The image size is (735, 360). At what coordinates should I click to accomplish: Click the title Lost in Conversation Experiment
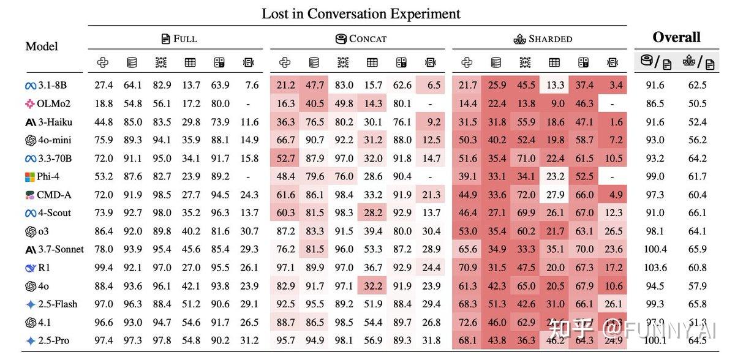click(x=361, y=13)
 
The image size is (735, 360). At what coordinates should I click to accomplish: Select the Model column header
click(x=42, y=47)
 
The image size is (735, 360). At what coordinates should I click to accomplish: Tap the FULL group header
click(x=179, y=39)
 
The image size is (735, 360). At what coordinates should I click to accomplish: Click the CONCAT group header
click(x=361, y=39)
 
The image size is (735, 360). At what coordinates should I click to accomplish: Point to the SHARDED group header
click(x=543, y=39)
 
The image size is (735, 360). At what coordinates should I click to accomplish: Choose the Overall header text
click(x=676, y=37)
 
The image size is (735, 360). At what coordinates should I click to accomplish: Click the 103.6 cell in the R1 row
click(x=655, y=268)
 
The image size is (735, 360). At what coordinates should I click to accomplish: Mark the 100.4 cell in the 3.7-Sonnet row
click(x=655, y=249)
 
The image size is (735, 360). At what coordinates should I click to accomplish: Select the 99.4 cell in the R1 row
click(x=104, y=268)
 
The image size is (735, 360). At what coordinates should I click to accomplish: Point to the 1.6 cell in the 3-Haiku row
click(x=616, y=122)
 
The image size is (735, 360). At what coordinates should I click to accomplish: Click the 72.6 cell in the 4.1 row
click(x=467, y=322)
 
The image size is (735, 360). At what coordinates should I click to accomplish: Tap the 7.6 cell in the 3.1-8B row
click(x=251, y=85)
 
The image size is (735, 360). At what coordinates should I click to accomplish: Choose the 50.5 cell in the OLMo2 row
click(x=697, y=103)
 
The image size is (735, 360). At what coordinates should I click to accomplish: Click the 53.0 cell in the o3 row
click(x=467, y=231)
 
